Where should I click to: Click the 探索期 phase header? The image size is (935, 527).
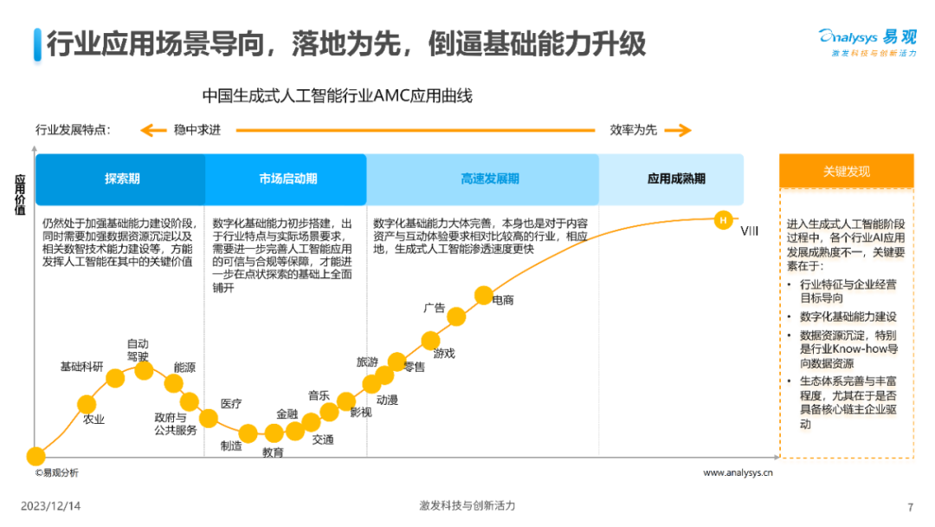[121, 179]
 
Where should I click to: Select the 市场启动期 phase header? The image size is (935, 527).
[287, 179]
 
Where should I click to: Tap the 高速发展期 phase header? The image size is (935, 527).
[490, 179]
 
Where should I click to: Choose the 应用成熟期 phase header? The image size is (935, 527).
[676, 179]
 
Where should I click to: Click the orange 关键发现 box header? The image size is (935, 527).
[846, 172]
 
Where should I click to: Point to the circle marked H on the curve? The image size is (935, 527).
[722, 220]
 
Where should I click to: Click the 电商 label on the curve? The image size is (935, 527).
[503, 301]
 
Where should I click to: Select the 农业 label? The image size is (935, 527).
[93, 420]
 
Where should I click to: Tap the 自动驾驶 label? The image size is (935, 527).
[138, 349]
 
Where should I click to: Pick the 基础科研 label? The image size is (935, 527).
[81, 367]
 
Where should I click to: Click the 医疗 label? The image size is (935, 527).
[230, 404]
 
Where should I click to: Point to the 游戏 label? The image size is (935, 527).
[444, 354]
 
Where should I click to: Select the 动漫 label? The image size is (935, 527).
[387, 400]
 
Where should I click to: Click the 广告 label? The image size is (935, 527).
[434, 308]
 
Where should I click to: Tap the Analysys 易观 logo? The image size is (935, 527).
[867, 40]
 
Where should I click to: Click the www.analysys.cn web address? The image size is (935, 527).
[738, 473]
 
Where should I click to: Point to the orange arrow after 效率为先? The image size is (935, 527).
[678, 131]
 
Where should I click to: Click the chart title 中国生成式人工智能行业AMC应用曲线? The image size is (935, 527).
[337, 95]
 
